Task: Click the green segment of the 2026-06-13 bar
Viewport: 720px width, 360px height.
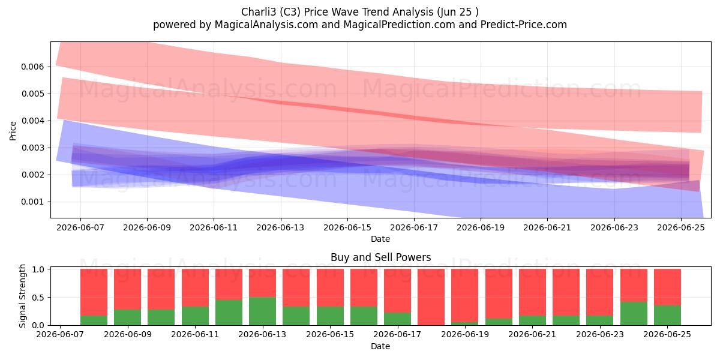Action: click(x=262, y=311)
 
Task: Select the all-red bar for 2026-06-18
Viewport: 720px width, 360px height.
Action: click(x=431, y=297)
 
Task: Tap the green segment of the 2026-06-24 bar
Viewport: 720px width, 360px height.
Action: click(x=634, y=313)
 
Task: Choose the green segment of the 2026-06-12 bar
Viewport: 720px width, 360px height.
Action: click(x=229, y=313)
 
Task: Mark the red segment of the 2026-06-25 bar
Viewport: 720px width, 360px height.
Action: click(x=667, y=287)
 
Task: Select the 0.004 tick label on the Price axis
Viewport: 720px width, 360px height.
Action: click(x=32, y=121)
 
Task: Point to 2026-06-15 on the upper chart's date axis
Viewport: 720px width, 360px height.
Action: click(x=347, y=227)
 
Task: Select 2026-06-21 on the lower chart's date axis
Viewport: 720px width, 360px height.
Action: click(x=532, y=334)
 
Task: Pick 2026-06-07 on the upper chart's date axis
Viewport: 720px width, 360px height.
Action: click(x=80, y=227)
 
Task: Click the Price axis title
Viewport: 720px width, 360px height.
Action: click(x=13, y=131)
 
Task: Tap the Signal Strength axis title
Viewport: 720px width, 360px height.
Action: click(x=22, y=296)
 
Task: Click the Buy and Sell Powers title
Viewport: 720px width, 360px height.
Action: click(x=380, y=257)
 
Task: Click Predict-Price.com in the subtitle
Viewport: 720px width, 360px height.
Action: click(x=524, y=25)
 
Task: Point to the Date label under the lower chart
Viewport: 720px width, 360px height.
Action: click(x=380, y=346)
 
